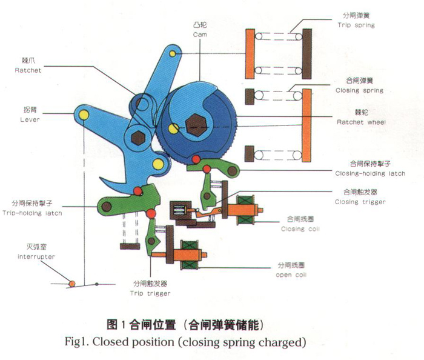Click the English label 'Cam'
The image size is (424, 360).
coord(200,35)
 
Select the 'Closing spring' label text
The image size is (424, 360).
coord(359,91)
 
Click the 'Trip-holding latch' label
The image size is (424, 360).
coord(36,213)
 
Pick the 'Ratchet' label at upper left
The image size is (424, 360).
coord(28,70)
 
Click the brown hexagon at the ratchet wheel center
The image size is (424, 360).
coord(196,124)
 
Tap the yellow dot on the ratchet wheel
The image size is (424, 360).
coord(174,128)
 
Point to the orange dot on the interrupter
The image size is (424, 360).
coord(71,283)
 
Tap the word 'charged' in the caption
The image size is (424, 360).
coord(276,342)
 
